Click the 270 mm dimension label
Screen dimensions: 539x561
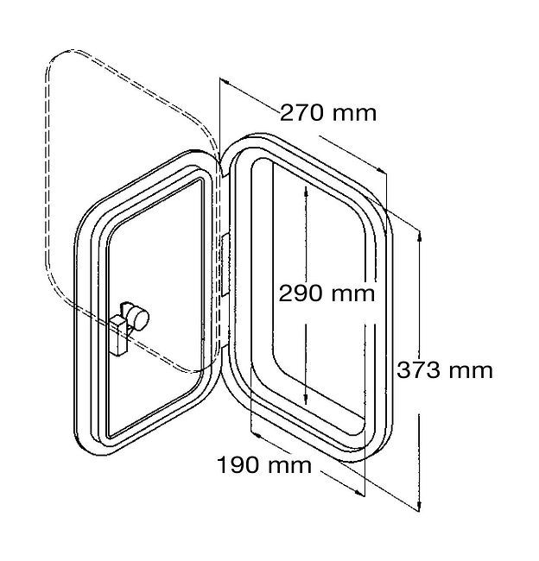(327, 113)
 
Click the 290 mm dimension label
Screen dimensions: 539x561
(327, 293)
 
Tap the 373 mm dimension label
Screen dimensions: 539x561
(445, 370)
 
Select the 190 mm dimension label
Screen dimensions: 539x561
(264, 465)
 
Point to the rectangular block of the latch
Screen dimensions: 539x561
(119, 336)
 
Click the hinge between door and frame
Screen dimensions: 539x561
(225, 265)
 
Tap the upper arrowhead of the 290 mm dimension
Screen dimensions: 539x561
(306, 192)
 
